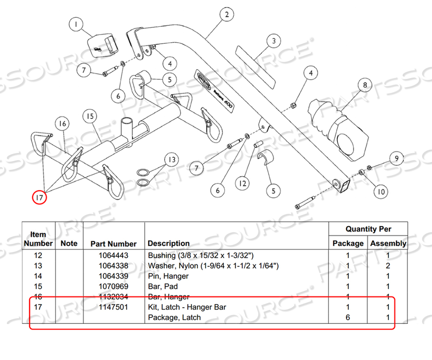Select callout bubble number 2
(x=226, y=15)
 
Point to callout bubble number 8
(x=364, y=85)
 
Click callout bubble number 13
(x=171, y=160)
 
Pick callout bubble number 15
(x=90, y=117)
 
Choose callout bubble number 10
(x=381, y=192)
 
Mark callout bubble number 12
(x=243, y=183)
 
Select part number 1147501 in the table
(x=114, y=307)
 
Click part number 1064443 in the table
(x=114, y=256)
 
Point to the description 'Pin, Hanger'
(x=168, y=276)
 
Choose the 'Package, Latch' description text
(x=174, y=317)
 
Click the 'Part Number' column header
(x=114, y=243)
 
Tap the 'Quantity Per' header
(x=368, y=229)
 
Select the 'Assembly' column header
(x=388, y=243)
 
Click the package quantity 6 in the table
(x=348, y=317)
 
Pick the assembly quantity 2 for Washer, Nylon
(x=388, y=266)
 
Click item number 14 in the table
(x=38, y=276)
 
